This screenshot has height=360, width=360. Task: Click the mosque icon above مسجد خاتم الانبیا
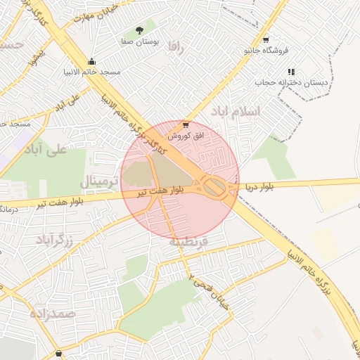91,61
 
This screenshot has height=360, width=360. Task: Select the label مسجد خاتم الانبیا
91,72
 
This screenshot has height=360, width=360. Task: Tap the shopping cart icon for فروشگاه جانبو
265,40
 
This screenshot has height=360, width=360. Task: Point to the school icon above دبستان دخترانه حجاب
291,71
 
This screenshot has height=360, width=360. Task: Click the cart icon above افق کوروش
186,124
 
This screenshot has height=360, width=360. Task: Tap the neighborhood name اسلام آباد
236,112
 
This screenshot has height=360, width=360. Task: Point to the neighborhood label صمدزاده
53,314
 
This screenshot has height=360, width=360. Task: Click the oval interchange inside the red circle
215,186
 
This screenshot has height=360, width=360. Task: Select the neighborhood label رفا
176,48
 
